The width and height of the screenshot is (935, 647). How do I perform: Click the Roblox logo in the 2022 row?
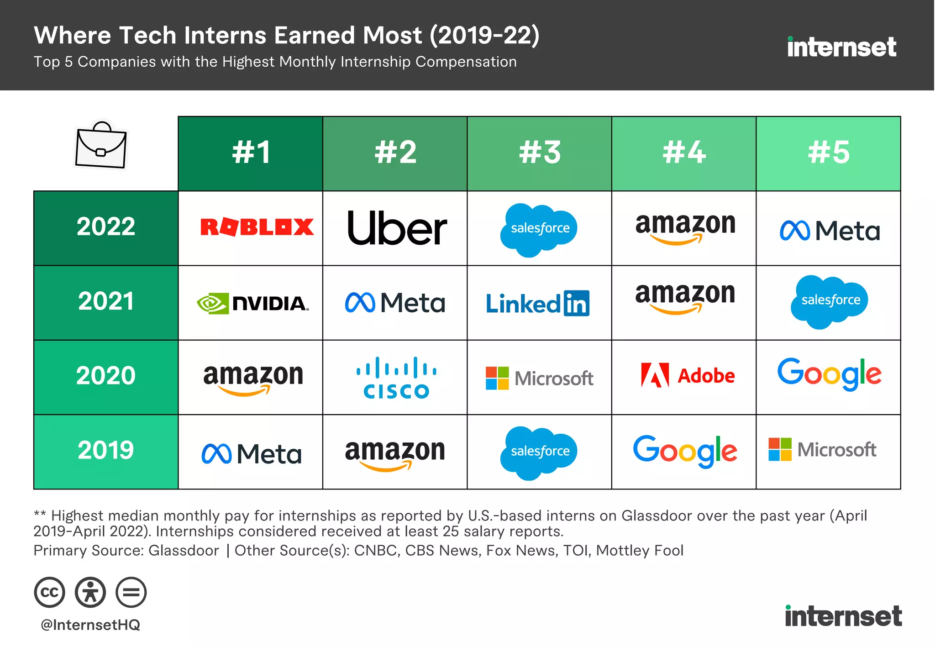[257, 227]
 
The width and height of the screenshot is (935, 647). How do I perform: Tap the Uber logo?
[396, 228]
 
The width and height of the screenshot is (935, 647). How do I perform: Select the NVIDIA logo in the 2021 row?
[252, 303]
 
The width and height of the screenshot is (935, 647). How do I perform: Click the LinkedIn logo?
[537, 304]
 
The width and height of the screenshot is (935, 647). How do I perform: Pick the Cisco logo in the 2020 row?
[396, 378]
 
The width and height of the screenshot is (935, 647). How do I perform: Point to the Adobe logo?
[687, 376]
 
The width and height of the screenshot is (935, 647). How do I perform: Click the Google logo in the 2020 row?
[829, 374]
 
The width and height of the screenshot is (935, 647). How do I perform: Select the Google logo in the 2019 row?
[684, 451]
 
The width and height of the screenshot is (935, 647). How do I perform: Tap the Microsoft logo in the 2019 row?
[822, 450]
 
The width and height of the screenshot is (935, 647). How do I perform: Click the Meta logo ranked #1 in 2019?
[252, 454]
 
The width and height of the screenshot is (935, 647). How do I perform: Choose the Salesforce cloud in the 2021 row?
[829, 301]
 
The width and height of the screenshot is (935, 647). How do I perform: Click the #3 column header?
[539, 153]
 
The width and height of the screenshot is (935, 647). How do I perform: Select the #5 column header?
[828, 153]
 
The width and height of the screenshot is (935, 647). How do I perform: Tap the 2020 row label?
[106, 376]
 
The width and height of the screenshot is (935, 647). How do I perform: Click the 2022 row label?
[106, 227]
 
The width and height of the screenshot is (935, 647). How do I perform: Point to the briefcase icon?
[101, 145]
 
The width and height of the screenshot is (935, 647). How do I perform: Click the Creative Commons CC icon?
[49, 592]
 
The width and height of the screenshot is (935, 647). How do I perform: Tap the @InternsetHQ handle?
[90, 625]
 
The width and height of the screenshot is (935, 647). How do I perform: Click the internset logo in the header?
[841, 47]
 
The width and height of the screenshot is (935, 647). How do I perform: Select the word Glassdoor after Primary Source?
[184, 551]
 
